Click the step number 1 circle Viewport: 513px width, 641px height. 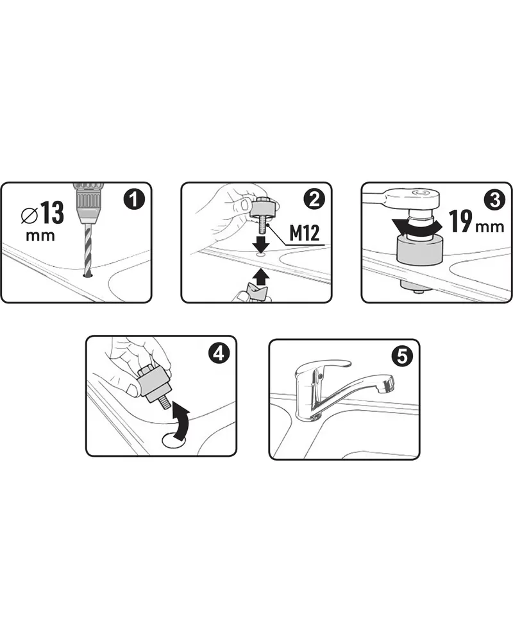tap(134, 200)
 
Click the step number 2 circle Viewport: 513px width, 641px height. tap(314, 200)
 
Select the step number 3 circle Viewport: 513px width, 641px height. tap(494, 200)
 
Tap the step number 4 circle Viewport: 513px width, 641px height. tap(219, 353)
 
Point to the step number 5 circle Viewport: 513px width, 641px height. tap(402, 357)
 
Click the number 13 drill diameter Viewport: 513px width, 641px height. tap(53, 212)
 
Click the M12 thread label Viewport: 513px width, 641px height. tap(305, 234)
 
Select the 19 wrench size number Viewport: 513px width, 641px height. tap(460, 221)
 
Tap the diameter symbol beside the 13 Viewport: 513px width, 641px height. tap(29, 216)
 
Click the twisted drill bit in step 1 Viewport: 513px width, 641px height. tap(88, 250)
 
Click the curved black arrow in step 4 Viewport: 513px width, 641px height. tap(182, 419)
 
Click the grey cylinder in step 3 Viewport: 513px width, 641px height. tap(419, 250)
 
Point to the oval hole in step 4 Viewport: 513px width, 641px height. tap(174, 440)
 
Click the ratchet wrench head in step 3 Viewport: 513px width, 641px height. tap(414, 196)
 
